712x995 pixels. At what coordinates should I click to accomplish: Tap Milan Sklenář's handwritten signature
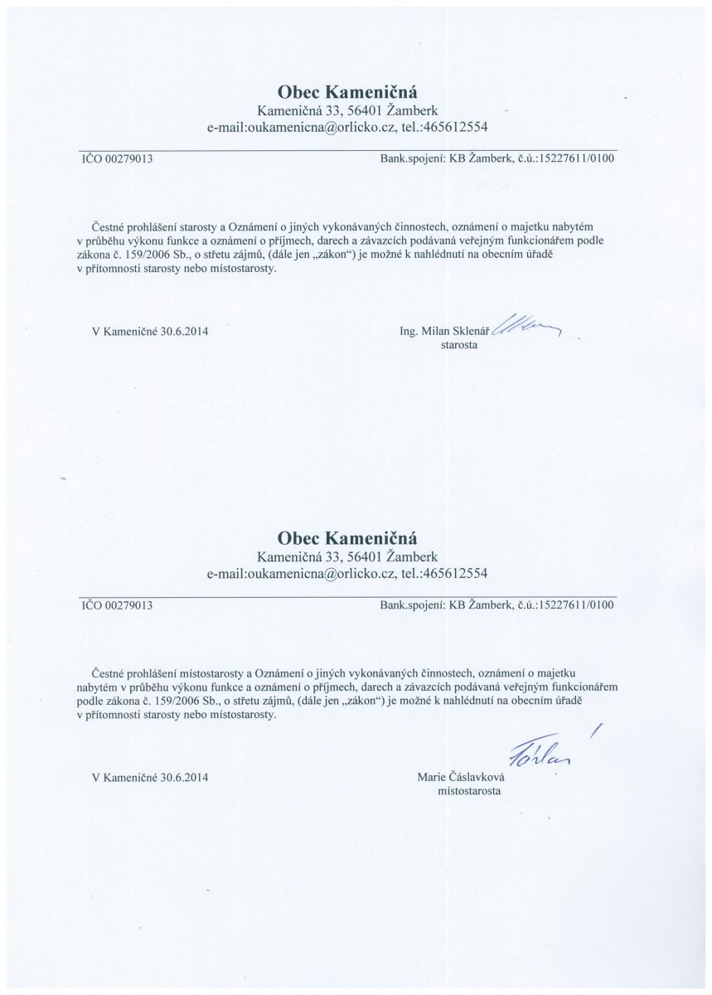pos(526,328)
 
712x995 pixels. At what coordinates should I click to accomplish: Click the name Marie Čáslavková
pos(467,778)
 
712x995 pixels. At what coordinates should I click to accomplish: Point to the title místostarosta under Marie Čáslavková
pos(468,792)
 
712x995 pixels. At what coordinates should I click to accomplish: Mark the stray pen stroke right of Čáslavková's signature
pos(595,730)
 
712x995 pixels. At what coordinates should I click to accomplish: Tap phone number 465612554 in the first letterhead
pos(454,128)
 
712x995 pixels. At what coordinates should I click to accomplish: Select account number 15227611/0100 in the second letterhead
pos(577,605)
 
